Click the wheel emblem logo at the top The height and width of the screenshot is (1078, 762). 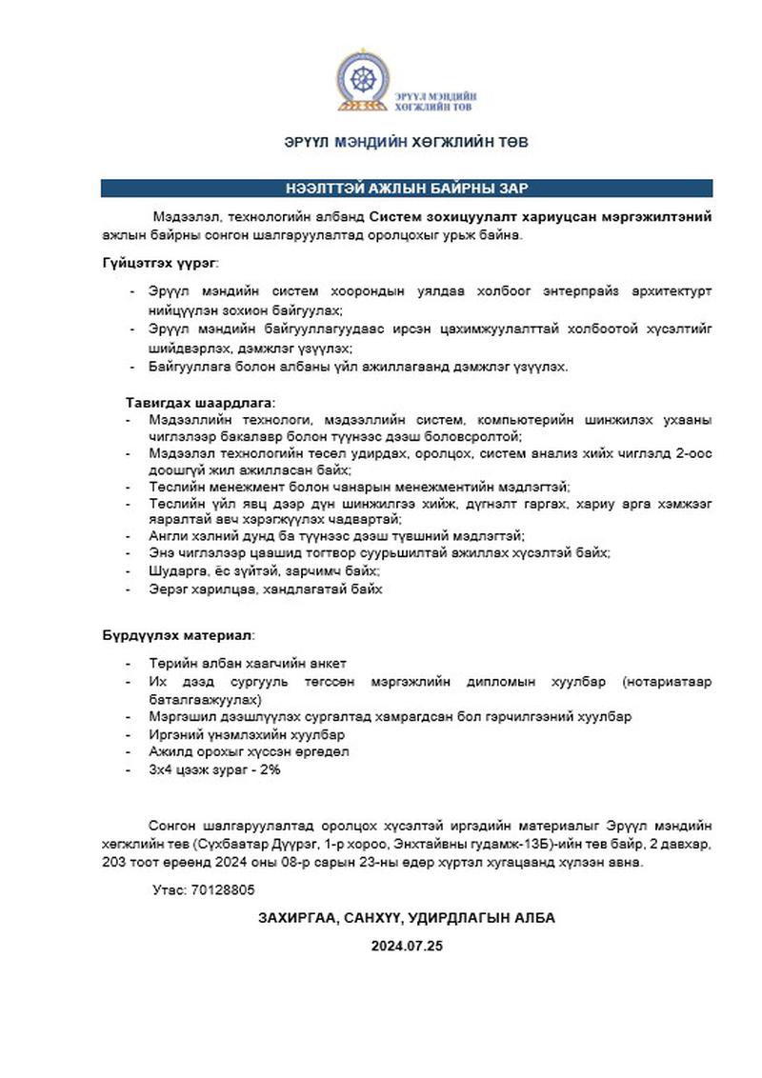(363, 78)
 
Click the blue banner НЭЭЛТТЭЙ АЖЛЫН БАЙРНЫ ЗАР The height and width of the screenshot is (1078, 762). (407, 188)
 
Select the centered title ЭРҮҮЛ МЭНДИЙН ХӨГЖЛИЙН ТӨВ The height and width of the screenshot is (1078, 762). (407, 142)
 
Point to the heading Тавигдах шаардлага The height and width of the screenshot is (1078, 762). (199, 403)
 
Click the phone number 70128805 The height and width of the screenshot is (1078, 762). (223, 889)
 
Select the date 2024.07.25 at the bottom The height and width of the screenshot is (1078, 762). (407, 947)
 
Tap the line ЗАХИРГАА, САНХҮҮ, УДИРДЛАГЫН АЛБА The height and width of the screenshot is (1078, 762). (407, 918)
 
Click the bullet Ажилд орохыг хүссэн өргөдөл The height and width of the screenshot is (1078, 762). (249, 752)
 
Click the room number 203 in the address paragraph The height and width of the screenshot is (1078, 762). (116, 863)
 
